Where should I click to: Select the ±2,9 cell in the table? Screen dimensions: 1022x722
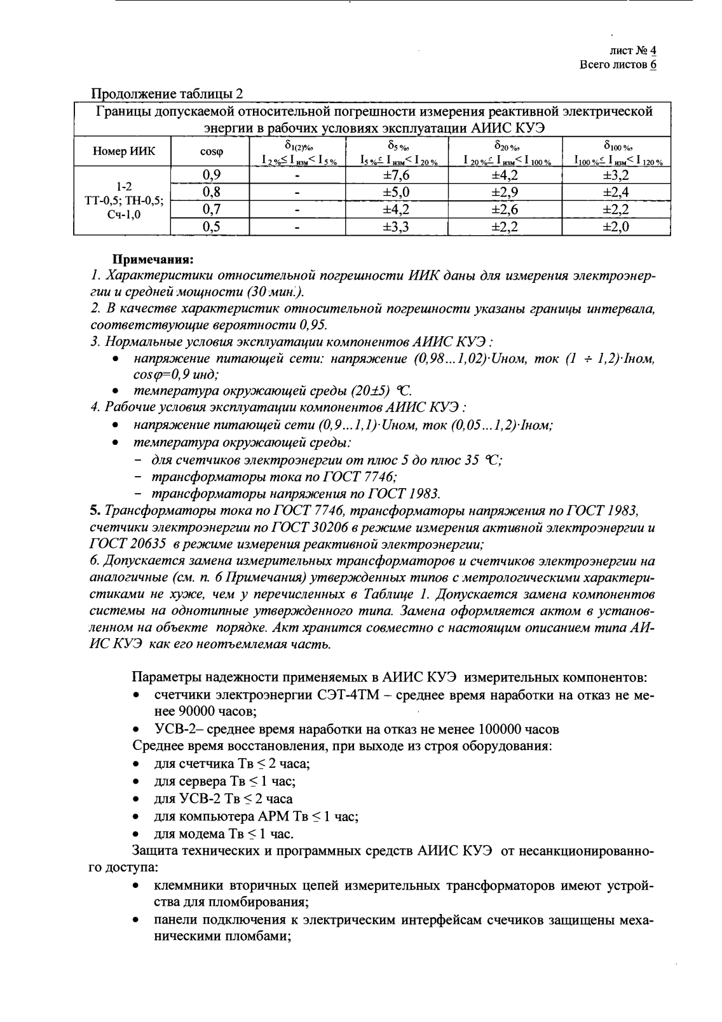tap(505, 193)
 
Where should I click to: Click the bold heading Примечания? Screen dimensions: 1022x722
tap(153, 259)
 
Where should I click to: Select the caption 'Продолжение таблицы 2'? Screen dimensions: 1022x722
tap(168, 95)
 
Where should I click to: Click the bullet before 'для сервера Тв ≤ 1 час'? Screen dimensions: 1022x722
tap(136, 782)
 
